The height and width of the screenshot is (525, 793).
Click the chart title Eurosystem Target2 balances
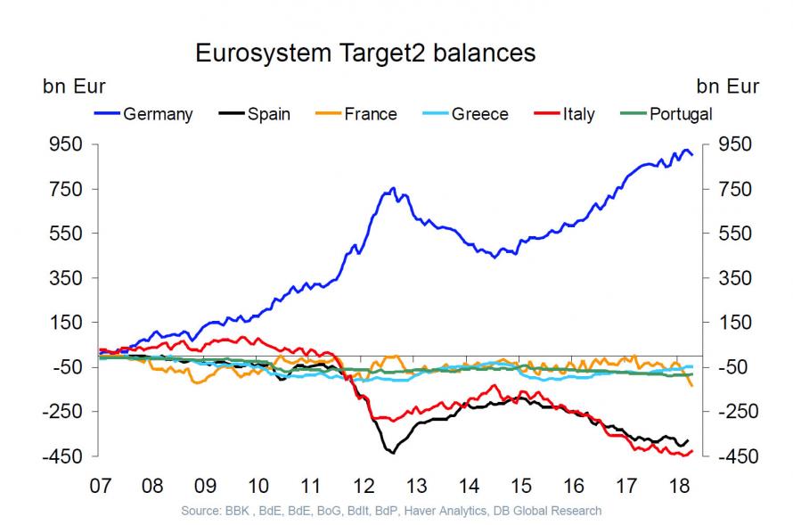point(365,53)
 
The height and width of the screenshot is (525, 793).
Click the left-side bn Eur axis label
point(75,86)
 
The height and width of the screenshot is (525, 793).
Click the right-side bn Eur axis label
point(728,86)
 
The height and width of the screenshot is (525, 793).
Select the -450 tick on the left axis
point(64,456)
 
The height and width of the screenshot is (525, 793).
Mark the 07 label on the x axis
point(100,486)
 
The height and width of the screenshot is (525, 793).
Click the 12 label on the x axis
point(364,486)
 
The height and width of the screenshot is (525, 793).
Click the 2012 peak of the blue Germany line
point(393,189)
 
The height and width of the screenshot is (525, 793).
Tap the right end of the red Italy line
point(691,451)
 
